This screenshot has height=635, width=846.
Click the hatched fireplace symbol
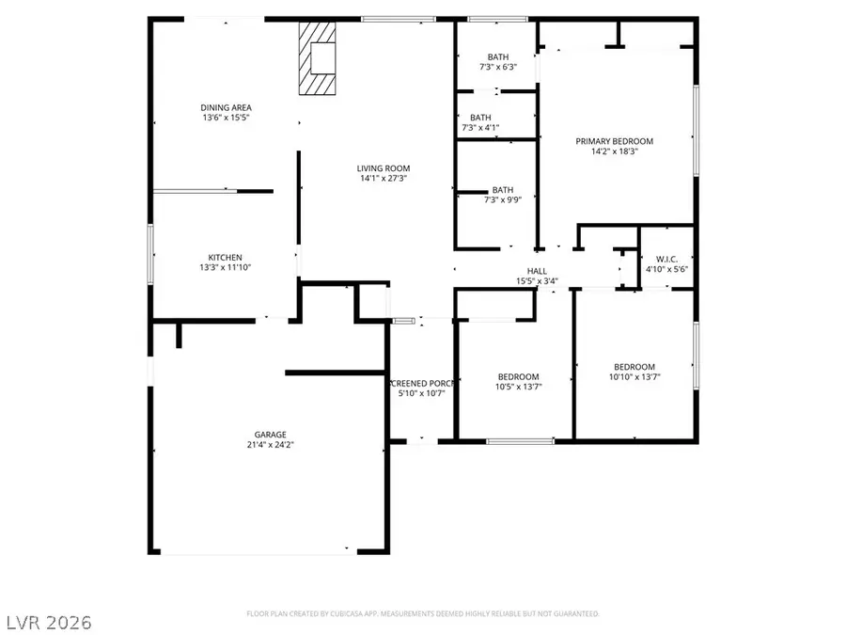pos(317,58)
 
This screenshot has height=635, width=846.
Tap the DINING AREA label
pos(226,107)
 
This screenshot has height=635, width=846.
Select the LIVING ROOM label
pos(383,167)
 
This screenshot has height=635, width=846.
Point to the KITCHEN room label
pos(225,257)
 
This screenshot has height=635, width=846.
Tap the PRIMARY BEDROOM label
pos(614,141)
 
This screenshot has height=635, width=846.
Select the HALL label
pos(537,271)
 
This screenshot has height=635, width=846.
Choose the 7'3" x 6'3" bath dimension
pos(496,68)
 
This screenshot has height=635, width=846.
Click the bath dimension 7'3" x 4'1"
pos(480,128)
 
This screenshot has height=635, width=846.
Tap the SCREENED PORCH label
pos(421,383)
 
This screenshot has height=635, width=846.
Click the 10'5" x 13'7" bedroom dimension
pos(518,387)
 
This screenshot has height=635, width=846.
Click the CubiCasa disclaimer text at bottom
pos(423,613)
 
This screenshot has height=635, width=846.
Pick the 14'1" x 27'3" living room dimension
pos(383,178)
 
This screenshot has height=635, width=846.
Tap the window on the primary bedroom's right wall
pos(697,130)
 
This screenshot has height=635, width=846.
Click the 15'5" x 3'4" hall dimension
pos(537,280)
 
